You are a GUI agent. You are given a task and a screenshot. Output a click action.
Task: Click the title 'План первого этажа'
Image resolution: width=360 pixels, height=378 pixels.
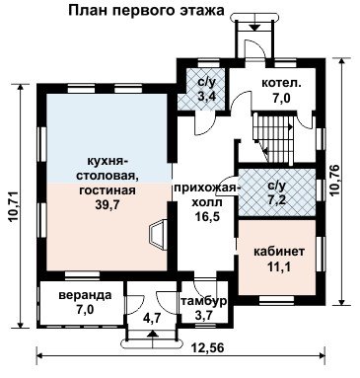[x=146, y=11]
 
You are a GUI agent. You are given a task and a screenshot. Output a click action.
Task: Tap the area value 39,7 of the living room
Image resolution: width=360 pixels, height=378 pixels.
[x=107, y=204]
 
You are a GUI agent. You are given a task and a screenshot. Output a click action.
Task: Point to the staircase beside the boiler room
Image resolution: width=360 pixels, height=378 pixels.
[x=272, y=138]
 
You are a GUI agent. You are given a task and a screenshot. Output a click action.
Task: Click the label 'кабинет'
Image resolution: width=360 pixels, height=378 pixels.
[x=279, y=252]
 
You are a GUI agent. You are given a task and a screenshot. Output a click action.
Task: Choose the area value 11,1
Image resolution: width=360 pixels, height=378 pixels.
[x=279, y=266]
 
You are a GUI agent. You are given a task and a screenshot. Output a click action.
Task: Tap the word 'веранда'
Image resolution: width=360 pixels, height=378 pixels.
[x=85, y=295]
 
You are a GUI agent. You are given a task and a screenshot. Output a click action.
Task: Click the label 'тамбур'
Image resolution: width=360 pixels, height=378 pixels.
[x=203, y=301]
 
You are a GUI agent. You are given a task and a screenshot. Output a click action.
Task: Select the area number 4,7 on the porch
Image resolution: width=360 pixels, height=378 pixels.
[x=152, y=318]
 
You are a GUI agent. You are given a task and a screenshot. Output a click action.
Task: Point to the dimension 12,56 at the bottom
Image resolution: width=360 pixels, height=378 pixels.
[x=207, y=347]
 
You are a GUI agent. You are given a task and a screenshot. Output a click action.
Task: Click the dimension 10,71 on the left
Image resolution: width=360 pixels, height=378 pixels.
[x=15, y=206]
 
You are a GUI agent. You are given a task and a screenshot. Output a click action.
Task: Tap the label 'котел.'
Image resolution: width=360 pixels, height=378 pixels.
[x=281, y=83]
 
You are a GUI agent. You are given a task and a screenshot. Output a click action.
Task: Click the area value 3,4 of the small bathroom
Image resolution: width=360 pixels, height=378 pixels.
[x=206, y=96]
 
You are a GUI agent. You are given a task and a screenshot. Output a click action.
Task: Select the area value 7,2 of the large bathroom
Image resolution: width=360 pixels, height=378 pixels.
[x=275, y=200]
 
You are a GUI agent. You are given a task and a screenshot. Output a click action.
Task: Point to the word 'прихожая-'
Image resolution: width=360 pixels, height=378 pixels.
[x=205, y=189]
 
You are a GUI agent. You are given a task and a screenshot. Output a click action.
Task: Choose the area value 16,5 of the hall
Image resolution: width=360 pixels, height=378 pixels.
[x=207, y=216]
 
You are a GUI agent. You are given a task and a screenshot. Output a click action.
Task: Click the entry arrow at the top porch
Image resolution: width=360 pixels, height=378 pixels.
[x=253, y=28]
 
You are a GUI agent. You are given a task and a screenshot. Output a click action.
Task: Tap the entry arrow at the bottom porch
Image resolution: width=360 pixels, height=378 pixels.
[x=152, y=335]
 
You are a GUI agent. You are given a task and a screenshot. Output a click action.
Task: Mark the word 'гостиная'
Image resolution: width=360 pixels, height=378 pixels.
[x=108, y=190]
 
